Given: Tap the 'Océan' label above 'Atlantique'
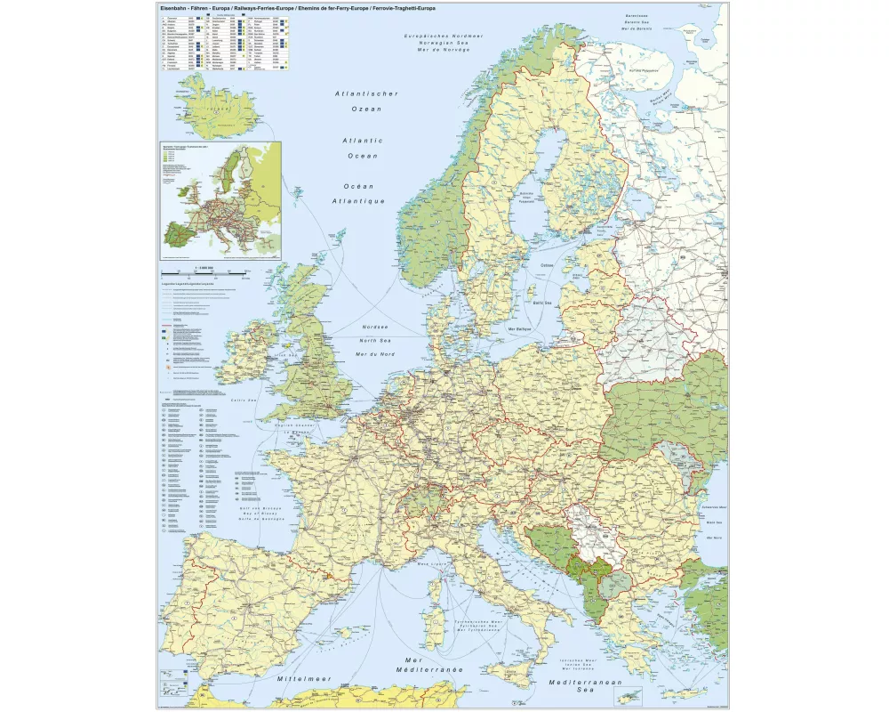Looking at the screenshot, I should (x=358, y=186).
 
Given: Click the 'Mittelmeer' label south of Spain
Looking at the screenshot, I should (x=304, y=678).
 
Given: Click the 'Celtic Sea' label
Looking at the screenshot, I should (x=244, y=400).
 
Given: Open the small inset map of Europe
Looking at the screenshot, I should (x=220, y=200).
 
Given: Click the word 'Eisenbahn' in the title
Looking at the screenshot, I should (x=173, y=8).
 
